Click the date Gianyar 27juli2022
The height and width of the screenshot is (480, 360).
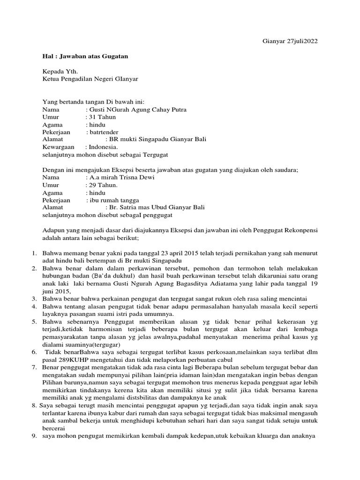pyautogui.click(x=289, y=41)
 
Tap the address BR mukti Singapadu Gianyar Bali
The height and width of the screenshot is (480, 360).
pyautogui.click(x=157, y=140)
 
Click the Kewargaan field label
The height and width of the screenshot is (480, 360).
pyautogui.click(x=59, y=147)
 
